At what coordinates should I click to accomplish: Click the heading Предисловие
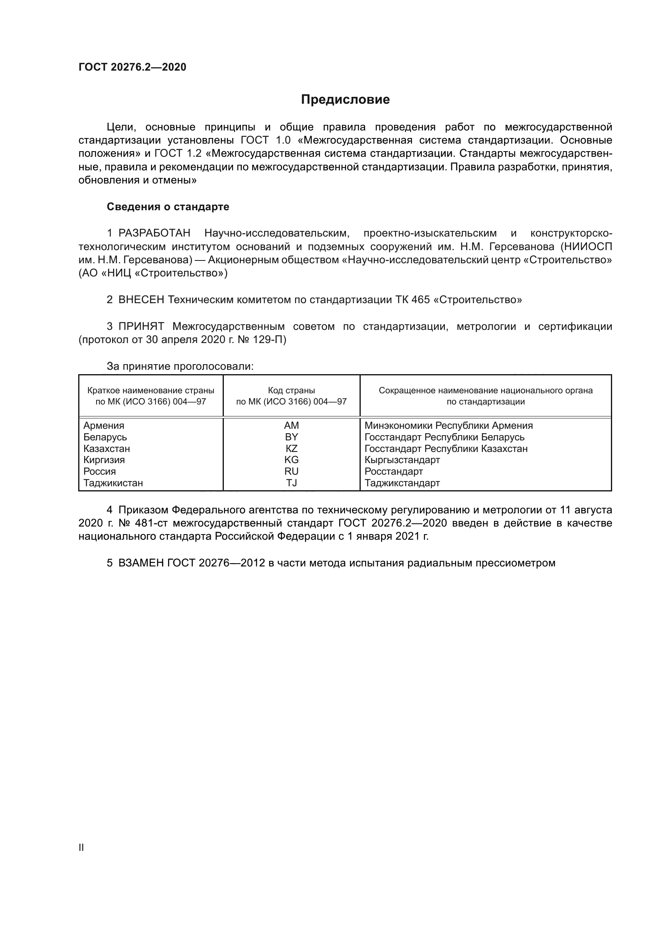point(345,100)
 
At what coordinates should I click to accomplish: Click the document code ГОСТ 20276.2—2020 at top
point(132,67)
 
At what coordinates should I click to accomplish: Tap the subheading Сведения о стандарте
point(168,207)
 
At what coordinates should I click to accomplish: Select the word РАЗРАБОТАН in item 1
point(154,233)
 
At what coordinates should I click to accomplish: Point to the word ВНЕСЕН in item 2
point(141,300)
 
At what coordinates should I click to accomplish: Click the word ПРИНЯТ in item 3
point(141,326)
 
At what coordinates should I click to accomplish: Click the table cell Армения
point(104,426)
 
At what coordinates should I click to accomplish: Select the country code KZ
point(291,449)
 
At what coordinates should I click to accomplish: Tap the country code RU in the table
point(291,471)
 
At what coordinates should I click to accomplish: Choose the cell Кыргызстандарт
point(402,460)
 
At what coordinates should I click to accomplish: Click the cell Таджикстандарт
point(402,483)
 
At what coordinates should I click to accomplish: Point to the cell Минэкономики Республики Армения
point(448,426)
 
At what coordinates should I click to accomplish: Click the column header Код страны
point(291,391)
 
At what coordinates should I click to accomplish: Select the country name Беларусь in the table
point(105,437)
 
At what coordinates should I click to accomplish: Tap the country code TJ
point(291,483)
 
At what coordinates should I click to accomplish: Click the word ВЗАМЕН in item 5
point(141,563)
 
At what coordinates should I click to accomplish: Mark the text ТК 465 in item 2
point(412,300)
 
